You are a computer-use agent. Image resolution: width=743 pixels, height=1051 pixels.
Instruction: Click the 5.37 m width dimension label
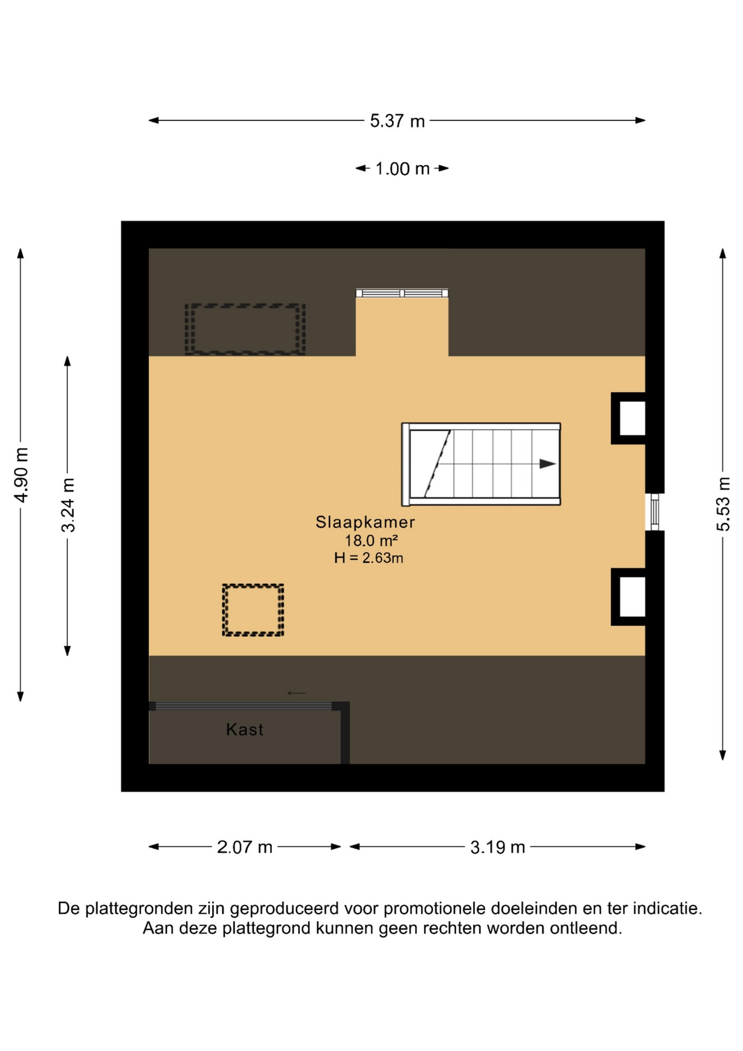point(397,121)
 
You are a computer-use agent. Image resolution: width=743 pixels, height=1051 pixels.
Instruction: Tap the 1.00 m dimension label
point(402,169)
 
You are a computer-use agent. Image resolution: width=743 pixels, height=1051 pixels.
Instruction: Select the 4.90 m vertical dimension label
point(21,475)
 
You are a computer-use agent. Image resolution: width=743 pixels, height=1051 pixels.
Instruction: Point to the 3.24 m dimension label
point(68,505)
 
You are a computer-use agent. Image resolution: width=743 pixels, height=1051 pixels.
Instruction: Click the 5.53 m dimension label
point(723,504)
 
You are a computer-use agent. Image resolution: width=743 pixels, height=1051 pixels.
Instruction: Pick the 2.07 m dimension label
point(245,847)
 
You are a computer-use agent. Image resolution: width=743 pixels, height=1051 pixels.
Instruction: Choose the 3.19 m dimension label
point(497,847)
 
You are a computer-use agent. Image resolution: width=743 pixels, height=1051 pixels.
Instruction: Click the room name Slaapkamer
point(365,522)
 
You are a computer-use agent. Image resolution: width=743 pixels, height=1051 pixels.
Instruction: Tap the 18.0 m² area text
point(371,541)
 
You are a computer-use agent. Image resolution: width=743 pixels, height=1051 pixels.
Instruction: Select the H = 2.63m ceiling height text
point(369,558)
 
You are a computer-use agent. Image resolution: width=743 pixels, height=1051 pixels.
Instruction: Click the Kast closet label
point(245,729)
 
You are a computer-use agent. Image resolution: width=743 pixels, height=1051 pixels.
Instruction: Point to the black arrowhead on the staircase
point(548,464)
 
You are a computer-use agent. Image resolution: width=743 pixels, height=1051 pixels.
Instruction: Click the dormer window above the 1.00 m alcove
point(402,293)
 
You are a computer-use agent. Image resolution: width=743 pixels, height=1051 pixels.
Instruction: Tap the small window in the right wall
point(654,512)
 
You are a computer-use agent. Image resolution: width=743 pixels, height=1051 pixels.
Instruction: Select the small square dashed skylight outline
point(253,610)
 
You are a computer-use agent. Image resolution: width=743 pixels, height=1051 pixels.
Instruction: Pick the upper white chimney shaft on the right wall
point(632,419)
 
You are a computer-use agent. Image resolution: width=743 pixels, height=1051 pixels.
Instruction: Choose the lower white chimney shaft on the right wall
point(632,597)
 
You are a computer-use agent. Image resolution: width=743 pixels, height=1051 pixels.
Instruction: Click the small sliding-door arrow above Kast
point(296,693)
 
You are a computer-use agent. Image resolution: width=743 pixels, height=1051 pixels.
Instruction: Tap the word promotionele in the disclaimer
point(434,909)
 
